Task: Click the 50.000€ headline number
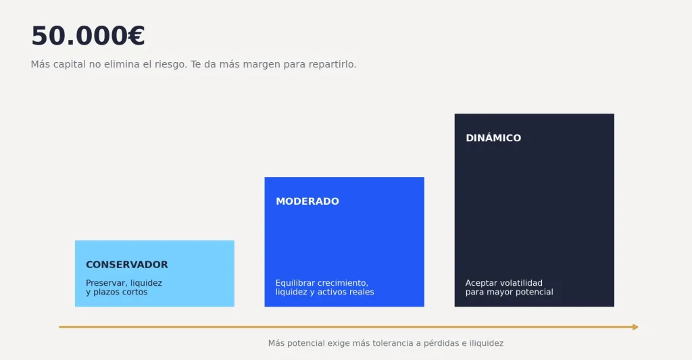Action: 88,36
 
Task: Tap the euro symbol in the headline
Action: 137,36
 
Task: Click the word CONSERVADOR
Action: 126,265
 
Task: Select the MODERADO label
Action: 307,201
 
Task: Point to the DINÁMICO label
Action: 493,138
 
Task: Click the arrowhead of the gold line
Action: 635,327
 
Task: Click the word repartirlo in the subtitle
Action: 331,64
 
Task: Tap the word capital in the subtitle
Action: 70,64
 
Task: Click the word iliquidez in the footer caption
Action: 487,343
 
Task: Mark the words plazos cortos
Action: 120,292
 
